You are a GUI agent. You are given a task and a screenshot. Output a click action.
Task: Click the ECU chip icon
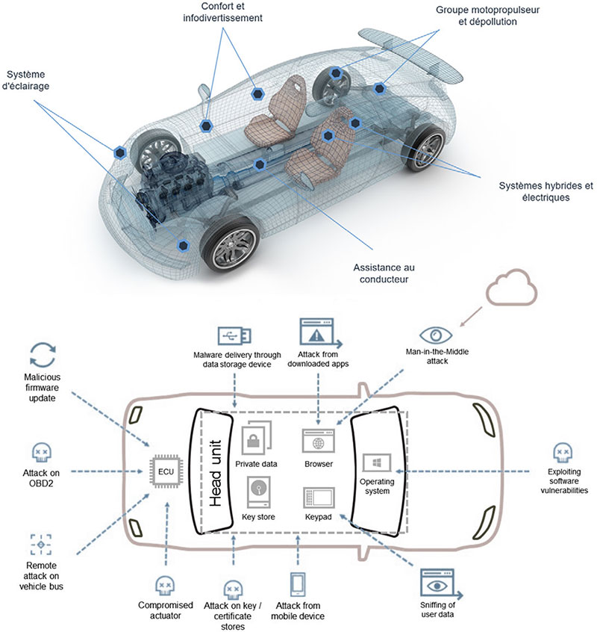pyautogui.click(x=166, y=471)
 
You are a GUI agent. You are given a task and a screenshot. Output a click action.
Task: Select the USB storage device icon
pyautogui.click(x=234, y=335)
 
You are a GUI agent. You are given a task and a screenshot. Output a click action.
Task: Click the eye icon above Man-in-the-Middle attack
pyautogui.click(x=436, y=335)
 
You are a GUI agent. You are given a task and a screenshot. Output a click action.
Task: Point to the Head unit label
pyautogui.click(x=216, y=473)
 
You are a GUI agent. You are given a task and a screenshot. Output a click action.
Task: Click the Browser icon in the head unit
pyautogui.click(x=319, y=441)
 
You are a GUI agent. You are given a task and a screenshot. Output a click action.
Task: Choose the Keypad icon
pyautogui.click(x=319, y=498)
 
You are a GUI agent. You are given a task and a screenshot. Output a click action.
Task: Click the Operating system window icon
pyautogui.click(x=377, y=462)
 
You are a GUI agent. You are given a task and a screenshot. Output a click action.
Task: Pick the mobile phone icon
pyautogui.click(x=298, y=584)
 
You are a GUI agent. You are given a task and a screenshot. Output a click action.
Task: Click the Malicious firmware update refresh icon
pyautogui.click(x=43, y=355)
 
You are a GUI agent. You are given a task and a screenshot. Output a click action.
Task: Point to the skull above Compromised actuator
pyautogui.click(x=165, y=586)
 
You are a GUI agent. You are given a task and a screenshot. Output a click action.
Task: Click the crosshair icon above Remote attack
pyautogui.click(x=40, y=545)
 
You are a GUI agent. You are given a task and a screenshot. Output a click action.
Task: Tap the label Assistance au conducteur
pyautogui.click(x=384, y=273)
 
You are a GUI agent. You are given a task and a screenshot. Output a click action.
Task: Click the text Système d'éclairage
pyautogui.click(x=26, y=80)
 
